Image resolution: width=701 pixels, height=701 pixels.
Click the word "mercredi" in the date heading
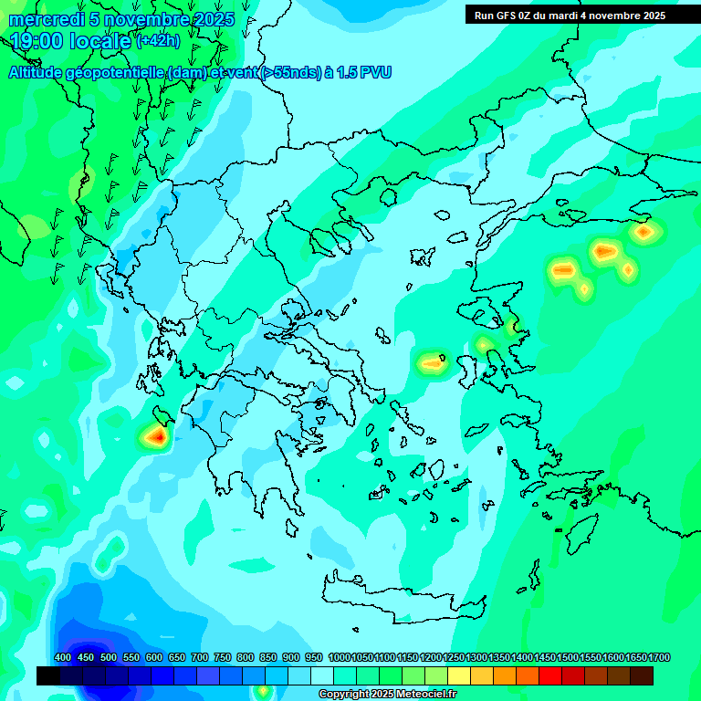click(x=41, y=19)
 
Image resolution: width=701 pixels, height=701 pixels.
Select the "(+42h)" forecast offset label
click(x=158, y=41)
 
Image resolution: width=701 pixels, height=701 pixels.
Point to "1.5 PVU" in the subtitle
click(x=363, y=73)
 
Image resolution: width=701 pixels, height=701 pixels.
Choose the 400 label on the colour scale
click(x=63, y=658)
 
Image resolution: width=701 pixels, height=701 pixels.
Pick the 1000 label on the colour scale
click(x=339, y=658)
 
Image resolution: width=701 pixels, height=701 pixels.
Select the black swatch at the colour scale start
click(x=48, y=675)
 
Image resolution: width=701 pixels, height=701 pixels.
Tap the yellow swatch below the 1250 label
click(x=459, y=675)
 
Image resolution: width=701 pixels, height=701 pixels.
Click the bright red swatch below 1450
click(x=550, y=675)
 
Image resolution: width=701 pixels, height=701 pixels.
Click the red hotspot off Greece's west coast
click(x=157, y=437)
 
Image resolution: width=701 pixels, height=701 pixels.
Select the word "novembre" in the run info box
click(x=614, y=16)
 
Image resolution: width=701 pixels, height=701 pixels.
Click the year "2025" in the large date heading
click(x=214, y=19)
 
